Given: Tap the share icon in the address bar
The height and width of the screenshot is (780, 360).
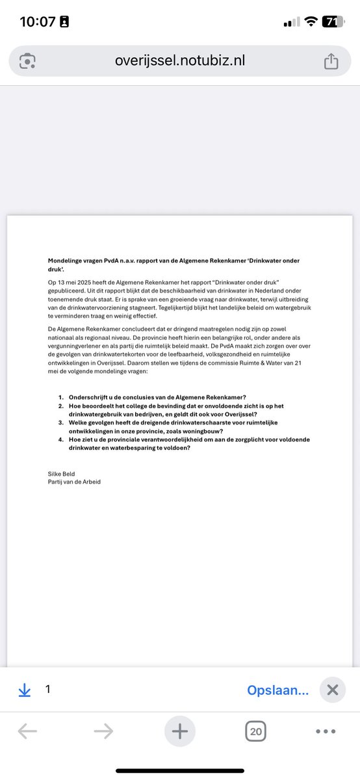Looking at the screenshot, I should click(x=331, y=61).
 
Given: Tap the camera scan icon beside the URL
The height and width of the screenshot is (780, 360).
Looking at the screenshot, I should click(x=27, y=61).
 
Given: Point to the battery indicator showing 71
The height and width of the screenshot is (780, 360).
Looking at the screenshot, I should click(x=332, y=21).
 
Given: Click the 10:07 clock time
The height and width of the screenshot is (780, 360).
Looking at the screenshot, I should click(x=38, y=21).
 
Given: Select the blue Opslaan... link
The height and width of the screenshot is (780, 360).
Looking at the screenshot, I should click(x=277, y=690).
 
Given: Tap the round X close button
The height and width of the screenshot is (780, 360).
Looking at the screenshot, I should click(x=333, y=690).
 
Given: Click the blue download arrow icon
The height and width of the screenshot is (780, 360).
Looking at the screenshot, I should click(x=25, y=690).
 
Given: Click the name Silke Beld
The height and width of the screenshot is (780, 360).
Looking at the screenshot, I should click(x=62, y=474).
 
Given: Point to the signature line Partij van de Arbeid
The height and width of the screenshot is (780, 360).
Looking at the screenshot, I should click(x=75, y=482).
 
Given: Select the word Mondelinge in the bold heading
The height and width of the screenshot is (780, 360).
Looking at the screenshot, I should click(x=68, y=260).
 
